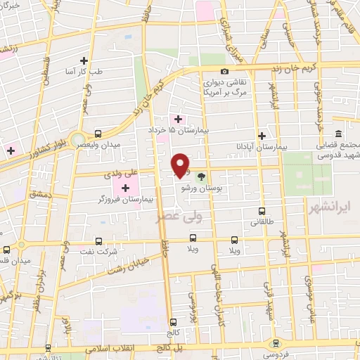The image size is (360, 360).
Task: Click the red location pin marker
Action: point(181,165)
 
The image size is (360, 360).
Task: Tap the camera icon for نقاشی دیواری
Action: point(224,71)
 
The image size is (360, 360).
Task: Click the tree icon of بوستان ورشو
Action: point(202,177)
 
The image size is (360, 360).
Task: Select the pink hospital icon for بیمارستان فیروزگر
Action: point(125,188)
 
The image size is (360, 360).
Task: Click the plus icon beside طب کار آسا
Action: point(84,60)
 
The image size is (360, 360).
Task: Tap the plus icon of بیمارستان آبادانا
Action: point(262,135)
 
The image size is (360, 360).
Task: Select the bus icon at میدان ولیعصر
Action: point(98,133)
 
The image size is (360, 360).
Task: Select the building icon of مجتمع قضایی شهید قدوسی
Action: point(338,134)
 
